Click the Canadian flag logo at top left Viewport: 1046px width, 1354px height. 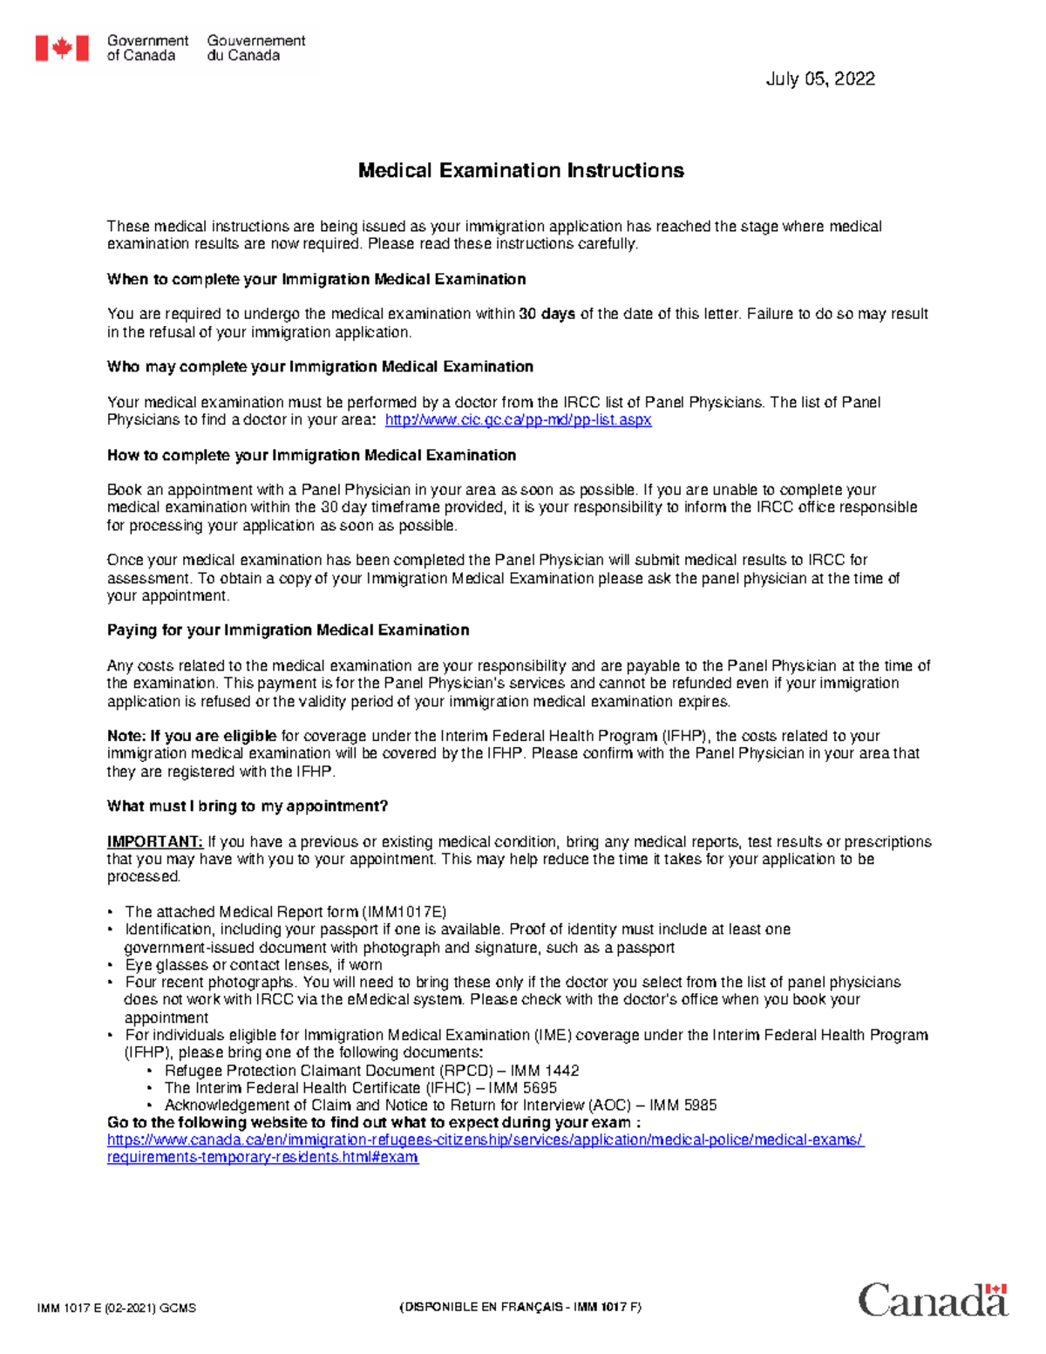point(62,48)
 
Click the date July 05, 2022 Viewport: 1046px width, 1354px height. point(819,79)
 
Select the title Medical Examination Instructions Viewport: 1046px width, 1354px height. point(520,171)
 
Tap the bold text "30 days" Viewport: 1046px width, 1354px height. point(547,314)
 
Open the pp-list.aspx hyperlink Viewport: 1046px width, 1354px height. point(518,420)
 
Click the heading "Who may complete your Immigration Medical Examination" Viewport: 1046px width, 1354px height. point(320,367)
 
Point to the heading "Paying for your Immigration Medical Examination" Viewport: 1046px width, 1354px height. point(288,630)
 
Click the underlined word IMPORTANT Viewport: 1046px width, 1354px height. point(154,842)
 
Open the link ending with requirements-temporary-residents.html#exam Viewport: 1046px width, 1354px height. point(262,1158)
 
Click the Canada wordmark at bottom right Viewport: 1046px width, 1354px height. point(933,1301)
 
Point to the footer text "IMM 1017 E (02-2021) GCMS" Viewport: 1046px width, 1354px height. point(116,1308)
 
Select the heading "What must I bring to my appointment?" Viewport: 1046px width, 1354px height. point(247,806)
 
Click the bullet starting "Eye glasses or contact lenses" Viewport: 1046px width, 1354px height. point(253,965)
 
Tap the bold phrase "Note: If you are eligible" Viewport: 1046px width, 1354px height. point(192,736)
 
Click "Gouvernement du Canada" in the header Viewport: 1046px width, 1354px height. point(255,48)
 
